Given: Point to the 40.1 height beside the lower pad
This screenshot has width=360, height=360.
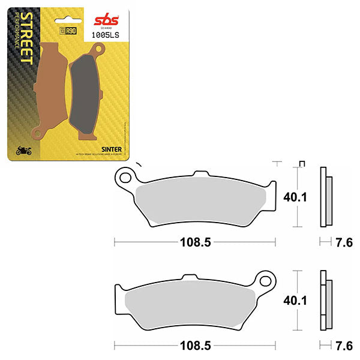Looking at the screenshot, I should pos(292,300).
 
